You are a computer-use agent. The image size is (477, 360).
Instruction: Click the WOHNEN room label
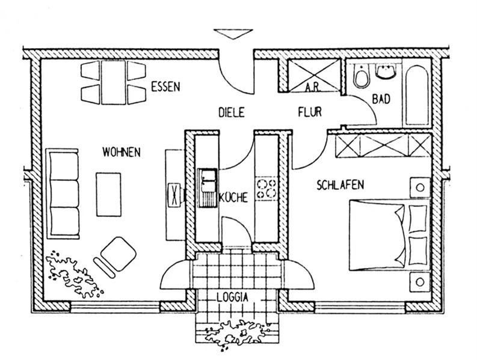tap(122, 151)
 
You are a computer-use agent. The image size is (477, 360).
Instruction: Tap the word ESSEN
tap(165, 87)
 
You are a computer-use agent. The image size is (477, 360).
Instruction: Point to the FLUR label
tap(310, 111)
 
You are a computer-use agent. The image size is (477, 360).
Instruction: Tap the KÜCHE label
tap(234, 198)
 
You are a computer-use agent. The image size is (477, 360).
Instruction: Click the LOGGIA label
tap(233, 296)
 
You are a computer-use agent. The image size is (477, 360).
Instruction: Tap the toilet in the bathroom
tap(362, 75)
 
